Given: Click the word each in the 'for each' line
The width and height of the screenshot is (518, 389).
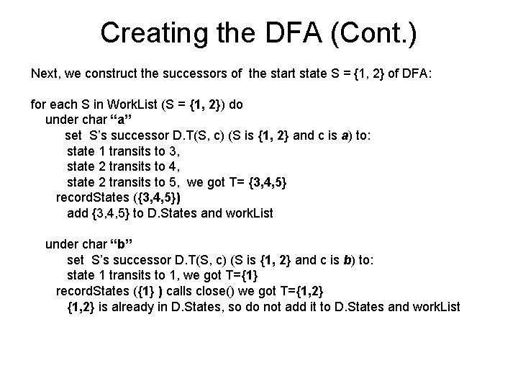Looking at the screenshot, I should click(x=64, y=104).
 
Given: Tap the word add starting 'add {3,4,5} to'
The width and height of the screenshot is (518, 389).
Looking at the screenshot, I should click(x=77, y=213).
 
